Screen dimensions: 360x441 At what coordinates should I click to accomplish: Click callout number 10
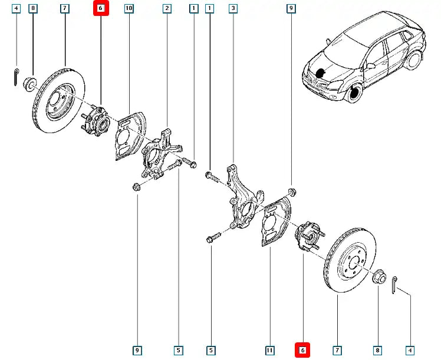tap(129, 8)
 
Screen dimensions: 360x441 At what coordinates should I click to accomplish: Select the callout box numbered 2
tap(167, 8)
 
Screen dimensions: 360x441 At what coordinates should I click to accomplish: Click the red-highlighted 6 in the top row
tap(100, 8)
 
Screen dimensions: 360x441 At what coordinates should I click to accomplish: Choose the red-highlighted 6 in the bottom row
tap(302, 351)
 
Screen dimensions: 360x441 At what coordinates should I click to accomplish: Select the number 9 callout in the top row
tap(291, 8)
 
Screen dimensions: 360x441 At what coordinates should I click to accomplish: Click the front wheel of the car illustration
tap(354, 93)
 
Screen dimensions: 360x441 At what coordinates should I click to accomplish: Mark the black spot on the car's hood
tap(321, 74)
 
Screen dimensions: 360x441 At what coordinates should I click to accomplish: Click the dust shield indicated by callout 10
tap(129, 138)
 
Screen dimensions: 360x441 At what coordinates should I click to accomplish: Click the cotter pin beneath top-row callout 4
tap(16, 77)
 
